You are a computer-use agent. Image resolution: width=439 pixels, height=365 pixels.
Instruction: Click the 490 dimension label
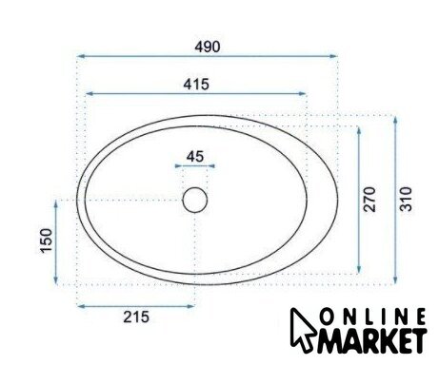[x=207, y=47]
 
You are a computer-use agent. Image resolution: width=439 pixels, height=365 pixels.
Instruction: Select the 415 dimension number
[x=196, y=85]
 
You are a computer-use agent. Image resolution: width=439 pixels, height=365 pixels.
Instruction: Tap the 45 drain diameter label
[x=195, y=157]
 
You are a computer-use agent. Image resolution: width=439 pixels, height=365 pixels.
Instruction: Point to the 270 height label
[x=369, y=200]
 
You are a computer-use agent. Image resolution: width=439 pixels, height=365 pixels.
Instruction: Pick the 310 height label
[x=406, y=200]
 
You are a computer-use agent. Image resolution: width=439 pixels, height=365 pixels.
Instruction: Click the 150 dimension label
[x=47, y=240]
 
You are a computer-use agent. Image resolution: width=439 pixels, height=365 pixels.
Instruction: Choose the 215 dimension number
[x=136, y=317]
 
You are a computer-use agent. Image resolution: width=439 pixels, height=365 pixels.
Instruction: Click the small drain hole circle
[x=195, y=200]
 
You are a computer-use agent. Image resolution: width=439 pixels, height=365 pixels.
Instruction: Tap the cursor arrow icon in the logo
[x=302, y=330]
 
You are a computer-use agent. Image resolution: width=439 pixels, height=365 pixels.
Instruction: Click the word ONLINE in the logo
[x=372, y=317]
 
